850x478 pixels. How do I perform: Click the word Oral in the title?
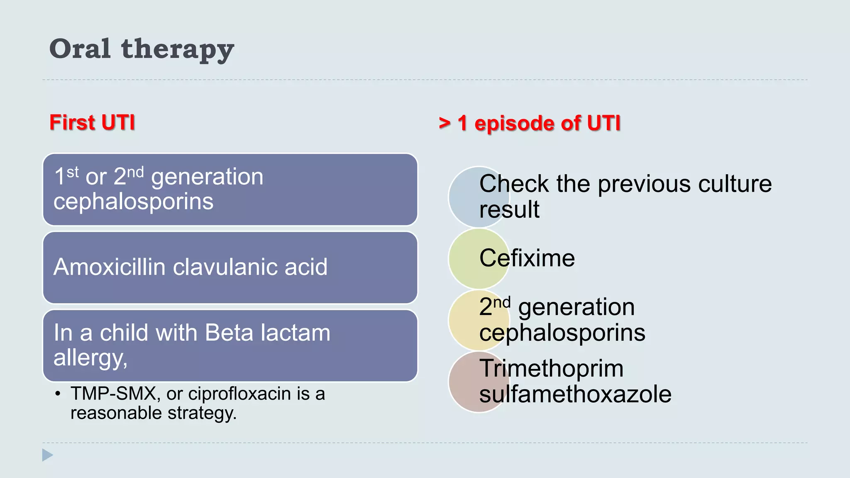[80, 49]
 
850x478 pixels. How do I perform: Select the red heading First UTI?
[92, 122]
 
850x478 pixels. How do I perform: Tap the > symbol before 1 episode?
[445, 123]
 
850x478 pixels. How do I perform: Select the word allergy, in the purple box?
[90, 357]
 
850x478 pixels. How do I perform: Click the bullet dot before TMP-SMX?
[58, 394]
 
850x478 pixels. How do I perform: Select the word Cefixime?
[527, 258]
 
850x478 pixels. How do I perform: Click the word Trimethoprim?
[551, 368]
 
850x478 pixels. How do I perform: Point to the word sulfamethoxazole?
[575, 394]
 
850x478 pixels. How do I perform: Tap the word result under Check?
[509, 209]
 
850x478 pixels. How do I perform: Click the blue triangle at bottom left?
[47, 455]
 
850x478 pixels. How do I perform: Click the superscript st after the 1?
[73, 171]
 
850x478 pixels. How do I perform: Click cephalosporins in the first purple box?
[133, 202]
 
